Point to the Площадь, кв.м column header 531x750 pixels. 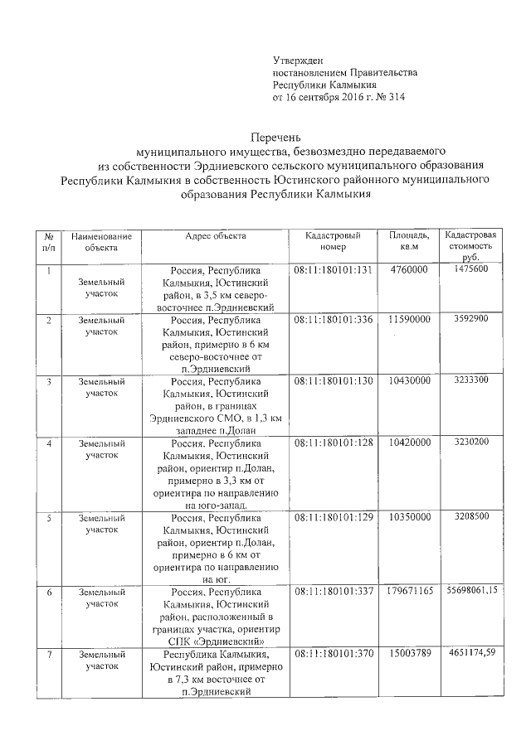pyautogui.click(x=409, y=241)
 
